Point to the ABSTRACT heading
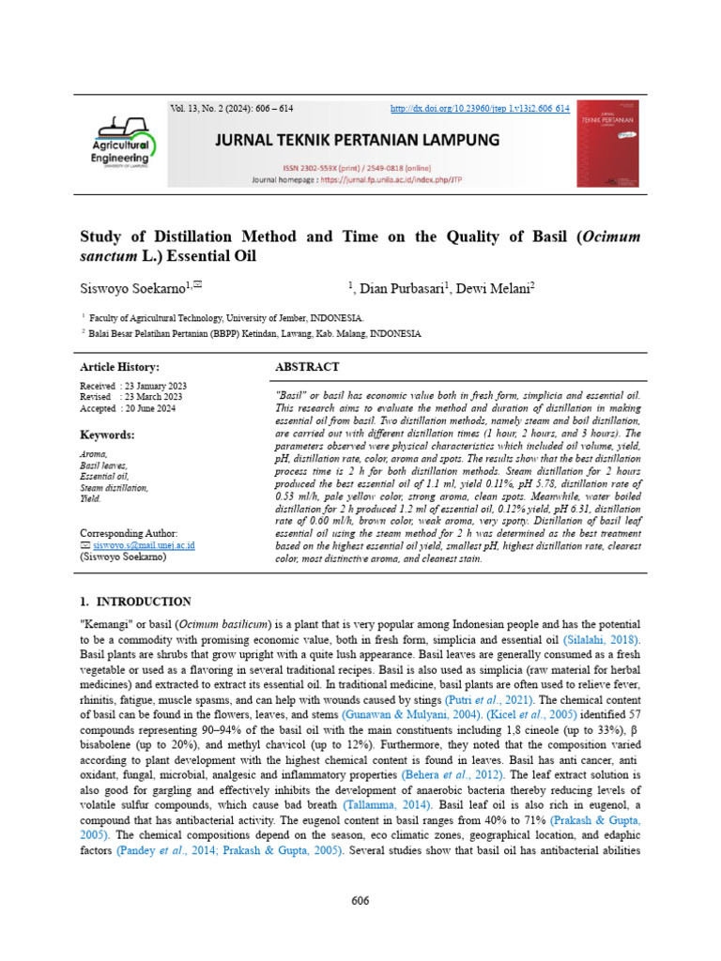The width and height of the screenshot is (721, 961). coord(308,367)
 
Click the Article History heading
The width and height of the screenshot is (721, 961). coord(119,367)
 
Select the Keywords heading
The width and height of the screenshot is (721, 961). coord(107,435)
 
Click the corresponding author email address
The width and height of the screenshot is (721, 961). coord(143,544)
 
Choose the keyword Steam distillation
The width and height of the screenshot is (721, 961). coord(114,488)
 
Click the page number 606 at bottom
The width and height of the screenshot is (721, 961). coord(360,902)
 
